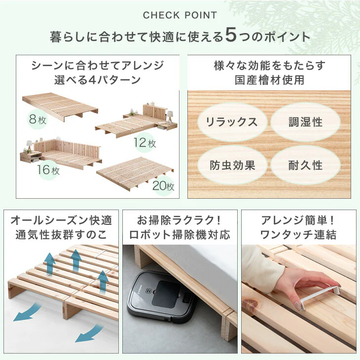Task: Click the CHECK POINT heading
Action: [180, 15]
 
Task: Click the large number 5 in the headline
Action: [231, 35]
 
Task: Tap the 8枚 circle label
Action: [37, 120]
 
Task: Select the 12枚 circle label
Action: [144, 143]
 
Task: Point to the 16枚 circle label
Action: [48, 170]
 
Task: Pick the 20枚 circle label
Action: [163, 185]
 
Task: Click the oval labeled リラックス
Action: [232, 122]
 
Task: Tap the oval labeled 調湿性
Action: [305, 122]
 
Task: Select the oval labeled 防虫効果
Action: [232, 165]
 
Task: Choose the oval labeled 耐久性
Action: [305, 165]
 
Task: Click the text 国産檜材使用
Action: [269, 80]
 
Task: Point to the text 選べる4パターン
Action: [98, 80]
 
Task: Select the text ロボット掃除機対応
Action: [180, 235]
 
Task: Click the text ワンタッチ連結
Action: [298, 235]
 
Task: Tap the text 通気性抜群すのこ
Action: [61, 235]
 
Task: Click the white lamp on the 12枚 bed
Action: [169, 116]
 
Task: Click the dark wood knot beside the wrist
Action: [250, 305]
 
